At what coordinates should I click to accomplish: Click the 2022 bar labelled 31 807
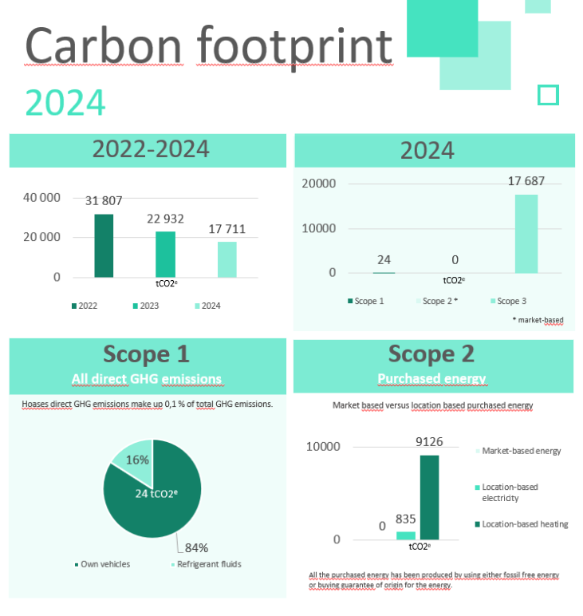point(104,246)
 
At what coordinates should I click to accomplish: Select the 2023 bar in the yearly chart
point(165,255)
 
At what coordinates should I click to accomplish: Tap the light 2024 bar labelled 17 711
point(227,259)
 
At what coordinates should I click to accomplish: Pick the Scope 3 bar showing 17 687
point(526,234)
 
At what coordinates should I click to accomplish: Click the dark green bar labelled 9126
point(430,497)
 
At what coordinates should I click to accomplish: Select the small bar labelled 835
point(406,535)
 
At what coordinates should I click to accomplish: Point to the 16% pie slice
point(136,460)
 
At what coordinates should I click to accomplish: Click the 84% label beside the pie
point(196,547)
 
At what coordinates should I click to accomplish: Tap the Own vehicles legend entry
point(102,564)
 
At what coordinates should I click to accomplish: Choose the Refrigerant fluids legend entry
point(207,564)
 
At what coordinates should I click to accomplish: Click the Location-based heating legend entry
point(522,524)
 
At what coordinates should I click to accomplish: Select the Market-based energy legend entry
point(518,451)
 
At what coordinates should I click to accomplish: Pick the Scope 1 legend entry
point(365,301)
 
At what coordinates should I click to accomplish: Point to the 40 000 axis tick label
point(41,197)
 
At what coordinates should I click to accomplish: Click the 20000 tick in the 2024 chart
point(318,183)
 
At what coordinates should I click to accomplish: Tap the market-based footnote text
point(538,320)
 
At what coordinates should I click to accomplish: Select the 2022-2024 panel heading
point(151,149)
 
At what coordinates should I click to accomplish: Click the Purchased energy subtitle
point(431,378)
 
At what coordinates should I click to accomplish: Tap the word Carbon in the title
point(104,45)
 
